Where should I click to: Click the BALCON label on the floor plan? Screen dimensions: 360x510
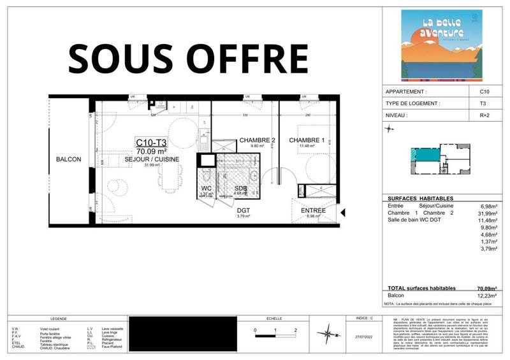(x=68, y=159)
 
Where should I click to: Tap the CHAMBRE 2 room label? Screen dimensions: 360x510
(x=257, y=140)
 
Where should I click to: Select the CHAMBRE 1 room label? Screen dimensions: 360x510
(x=307, y=140)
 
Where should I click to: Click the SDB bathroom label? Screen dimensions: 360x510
(x=240, y=189)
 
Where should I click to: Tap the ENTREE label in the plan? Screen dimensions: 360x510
(x=312, y=210)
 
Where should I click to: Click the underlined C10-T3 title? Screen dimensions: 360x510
(x=151, y=143)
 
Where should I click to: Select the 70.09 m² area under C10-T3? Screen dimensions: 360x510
(x=151, y=152)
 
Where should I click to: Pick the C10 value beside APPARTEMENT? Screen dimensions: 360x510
(x=484, y=92)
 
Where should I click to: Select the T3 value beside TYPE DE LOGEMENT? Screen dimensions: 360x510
(x=483, y=103)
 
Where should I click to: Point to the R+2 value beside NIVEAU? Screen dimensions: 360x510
(x=484, y=115)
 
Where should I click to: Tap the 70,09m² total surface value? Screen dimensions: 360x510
(x=487, y=289)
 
